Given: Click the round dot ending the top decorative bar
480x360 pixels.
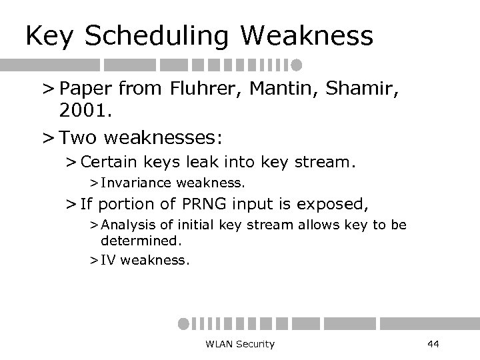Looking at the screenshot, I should [296, 65].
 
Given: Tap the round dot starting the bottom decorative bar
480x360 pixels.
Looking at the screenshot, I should [183, 323].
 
